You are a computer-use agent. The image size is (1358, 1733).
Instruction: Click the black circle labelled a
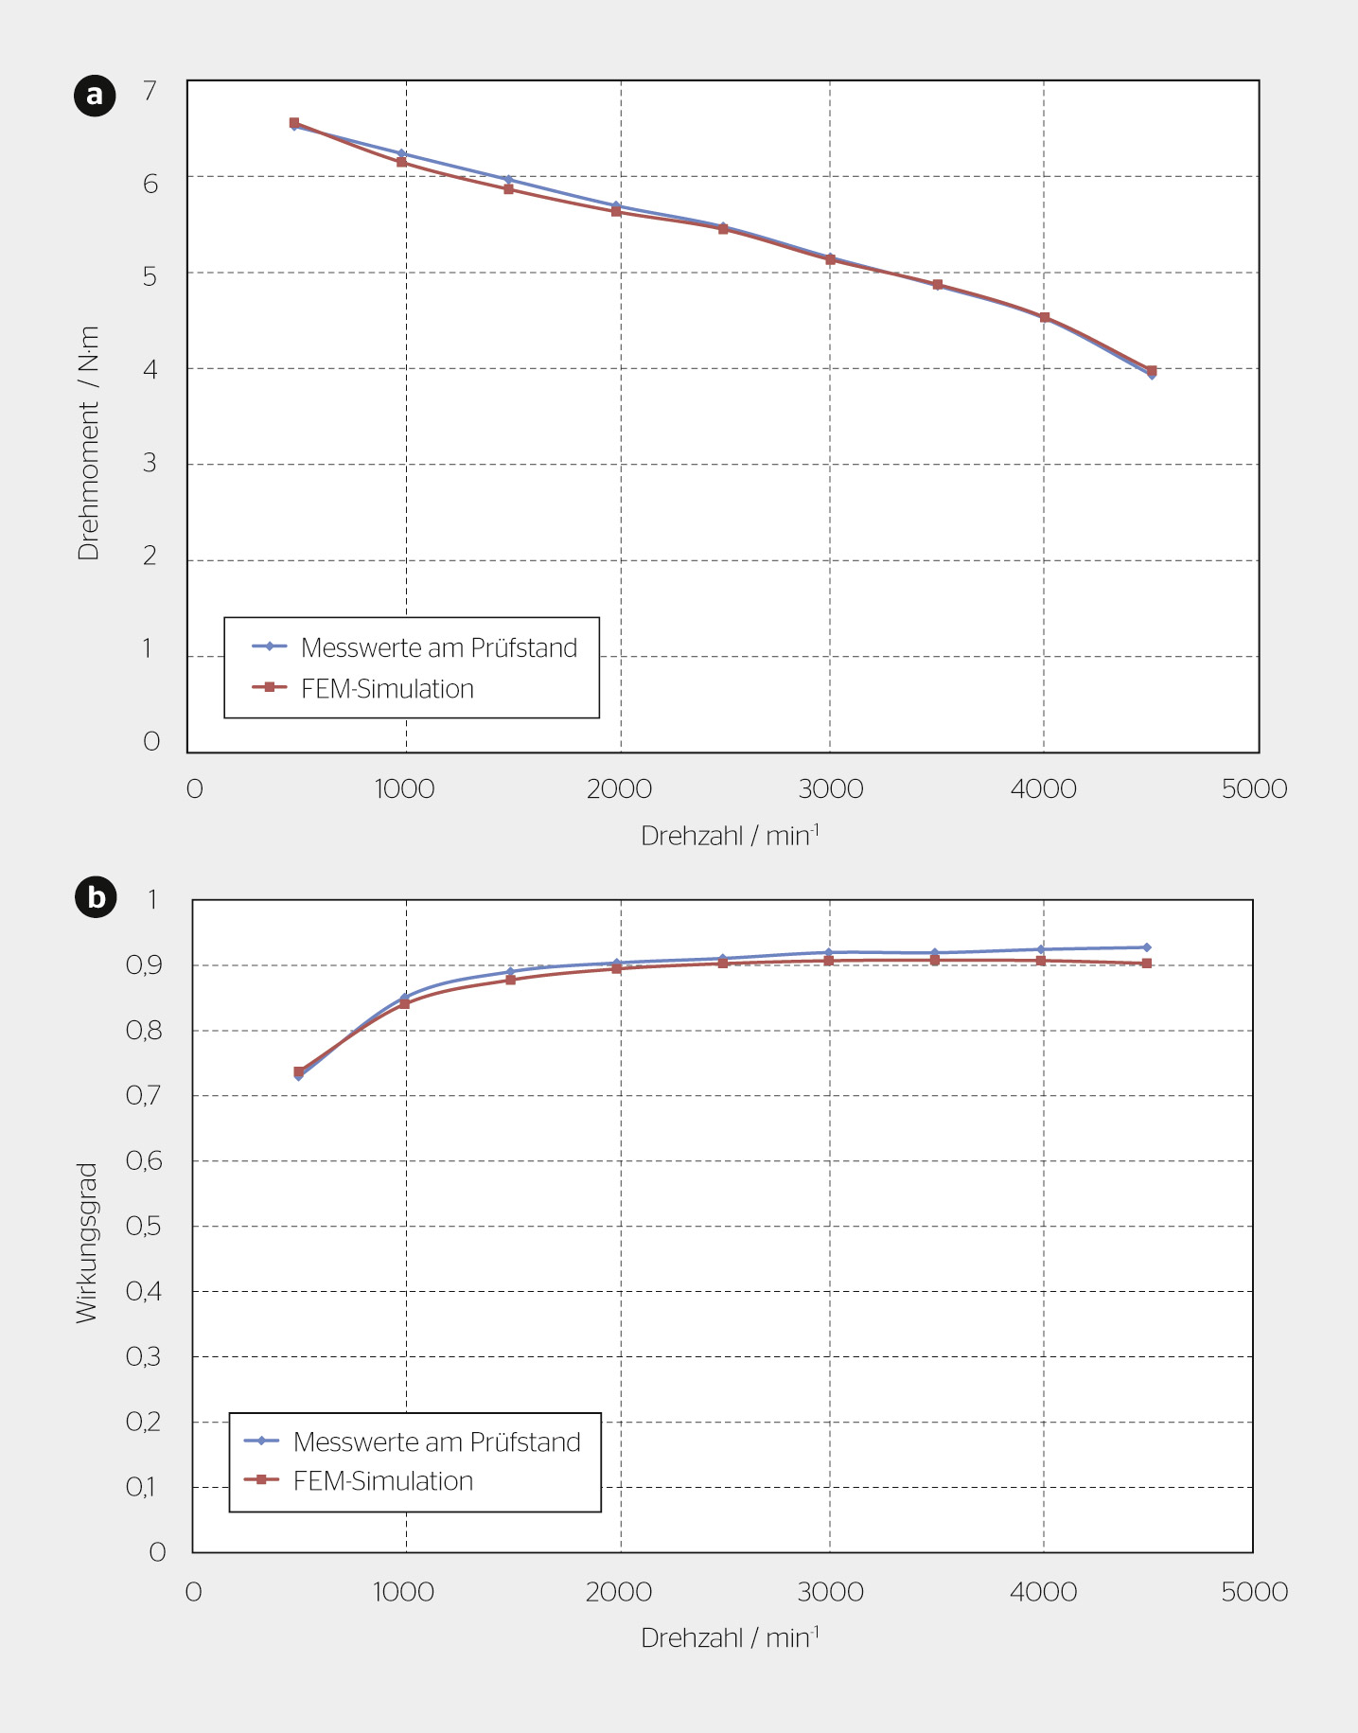pos(95,96)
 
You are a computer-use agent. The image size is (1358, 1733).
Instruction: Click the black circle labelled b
pos(96,897)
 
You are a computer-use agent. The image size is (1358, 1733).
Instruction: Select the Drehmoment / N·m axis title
pos(88,443)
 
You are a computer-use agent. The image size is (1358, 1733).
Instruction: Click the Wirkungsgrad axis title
pos(86,1243)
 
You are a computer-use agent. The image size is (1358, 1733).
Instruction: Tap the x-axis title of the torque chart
pos(730,835)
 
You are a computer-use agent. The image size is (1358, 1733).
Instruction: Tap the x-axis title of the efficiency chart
pos(730,1636)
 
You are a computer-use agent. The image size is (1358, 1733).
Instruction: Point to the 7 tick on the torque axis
pos(150,91)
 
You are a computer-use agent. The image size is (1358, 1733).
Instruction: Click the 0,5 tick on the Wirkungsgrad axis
pos(144,1227)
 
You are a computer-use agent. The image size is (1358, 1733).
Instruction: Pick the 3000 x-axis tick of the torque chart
pos(831,788)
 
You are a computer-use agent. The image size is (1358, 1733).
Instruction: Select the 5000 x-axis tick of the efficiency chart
pos(1254,1591)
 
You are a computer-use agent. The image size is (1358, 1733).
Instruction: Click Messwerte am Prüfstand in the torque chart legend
pos(439,647)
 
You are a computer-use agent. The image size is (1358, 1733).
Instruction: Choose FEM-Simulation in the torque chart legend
pos(387,688)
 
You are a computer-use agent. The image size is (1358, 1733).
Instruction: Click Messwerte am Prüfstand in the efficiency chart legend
pos(436,1441)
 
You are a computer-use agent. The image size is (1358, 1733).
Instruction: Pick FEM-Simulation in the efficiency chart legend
pos(383,1480)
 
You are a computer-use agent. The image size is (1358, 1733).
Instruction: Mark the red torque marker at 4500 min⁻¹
pos(1151,370)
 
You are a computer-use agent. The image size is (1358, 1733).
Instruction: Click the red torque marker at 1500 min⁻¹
pos(508,188)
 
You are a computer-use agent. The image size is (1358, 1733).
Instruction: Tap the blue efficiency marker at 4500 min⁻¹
pos(1146,947)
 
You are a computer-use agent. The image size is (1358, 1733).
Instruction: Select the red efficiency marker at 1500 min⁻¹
pos(511,980)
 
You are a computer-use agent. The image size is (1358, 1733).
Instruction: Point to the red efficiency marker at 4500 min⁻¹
pos(1146,964)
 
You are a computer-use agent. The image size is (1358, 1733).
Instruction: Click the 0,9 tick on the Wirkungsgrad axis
pos(144,965)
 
